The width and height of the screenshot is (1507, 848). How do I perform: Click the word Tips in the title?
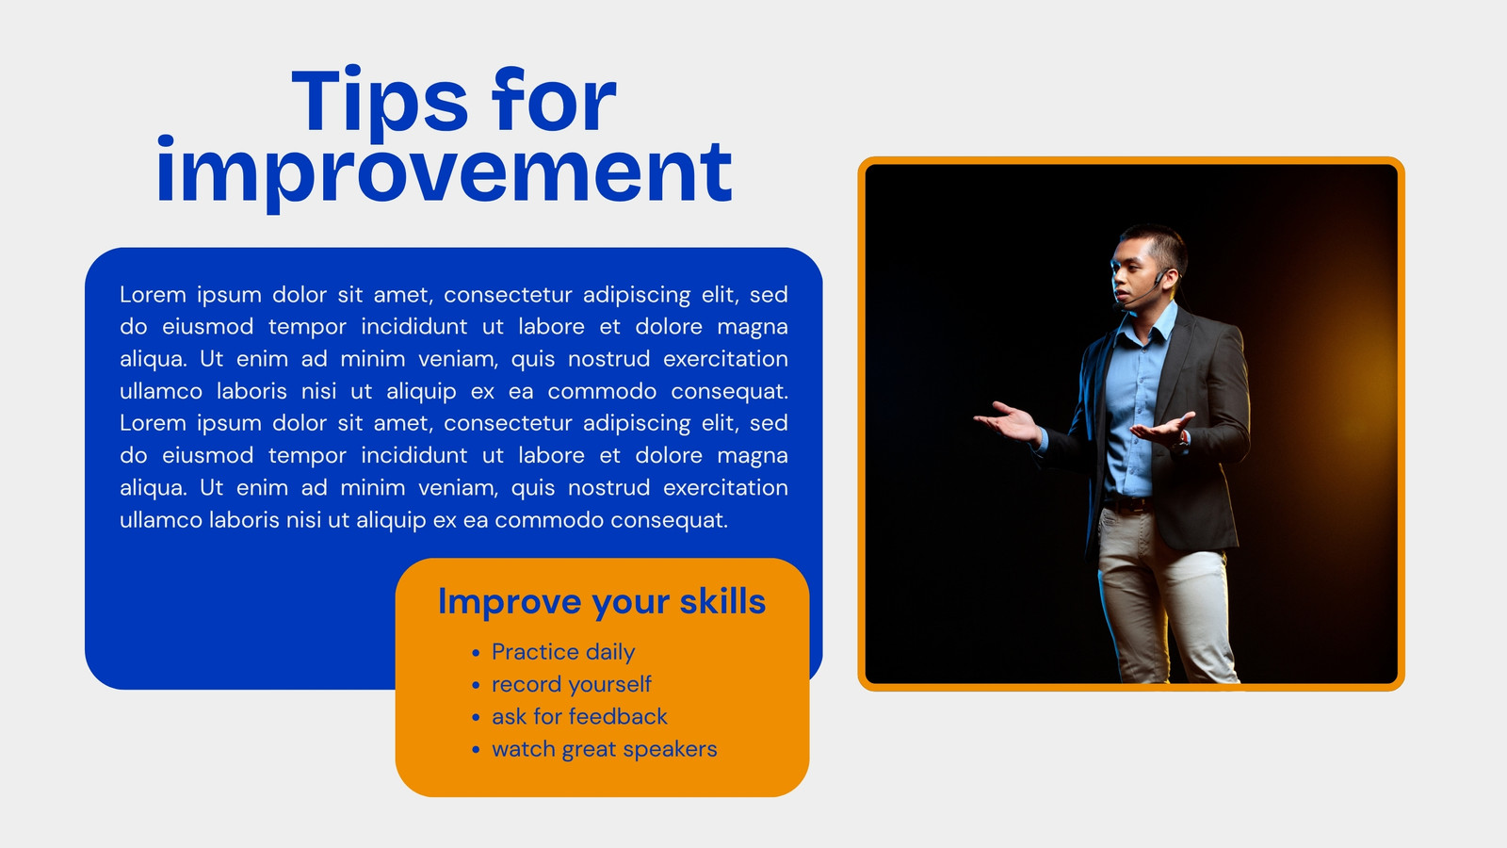tap(380, 101)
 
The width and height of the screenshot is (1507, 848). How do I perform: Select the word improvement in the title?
tap(444, 172)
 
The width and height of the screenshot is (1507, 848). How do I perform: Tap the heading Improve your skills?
tap(602, 602)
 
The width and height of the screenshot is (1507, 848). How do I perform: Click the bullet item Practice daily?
tap(563, 652)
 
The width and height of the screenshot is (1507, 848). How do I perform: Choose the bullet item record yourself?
tap(571, 684)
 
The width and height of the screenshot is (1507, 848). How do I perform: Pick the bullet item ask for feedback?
tap(579, 716)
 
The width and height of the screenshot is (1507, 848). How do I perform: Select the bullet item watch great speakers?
tap(604, 749)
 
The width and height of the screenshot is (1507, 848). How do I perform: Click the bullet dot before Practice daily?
tap(476, 653)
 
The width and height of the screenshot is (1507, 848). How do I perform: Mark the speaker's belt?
tap(1128, 504)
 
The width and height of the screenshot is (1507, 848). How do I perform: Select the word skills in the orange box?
tap(722, 601)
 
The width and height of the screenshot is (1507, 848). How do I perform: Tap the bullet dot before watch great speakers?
tap(476, 750)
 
